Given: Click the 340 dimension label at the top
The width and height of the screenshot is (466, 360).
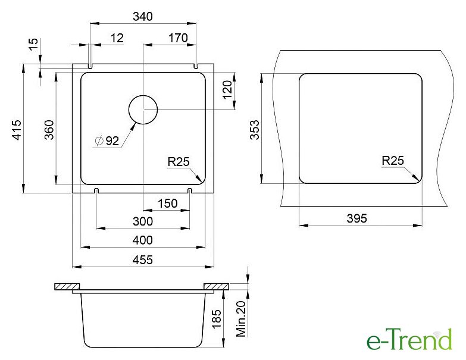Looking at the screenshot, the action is [x=143, y=16].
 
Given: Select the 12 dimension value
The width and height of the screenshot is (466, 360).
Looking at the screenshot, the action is [x=117, y=38].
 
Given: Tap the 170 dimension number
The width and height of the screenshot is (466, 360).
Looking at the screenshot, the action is [x=178, y=38].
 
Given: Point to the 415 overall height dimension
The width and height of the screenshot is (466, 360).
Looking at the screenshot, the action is [x=17, y=130].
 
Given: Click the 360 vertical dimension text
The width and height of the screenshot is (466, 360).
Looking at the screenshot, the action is [x=49, y=130].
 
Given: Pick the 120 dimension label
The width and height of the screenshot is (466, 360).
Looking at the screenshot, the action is [x=227, y=90].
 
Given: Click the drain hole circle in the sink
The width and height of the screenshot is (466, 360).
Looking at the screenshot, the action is [x=143, y=95].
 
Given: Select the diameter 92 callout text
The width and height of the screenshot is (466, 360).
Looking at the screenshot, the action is [x=107, y=141].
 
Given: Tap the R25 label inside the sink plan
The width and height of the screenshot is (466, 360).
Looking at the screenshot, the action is [x=179, y=162].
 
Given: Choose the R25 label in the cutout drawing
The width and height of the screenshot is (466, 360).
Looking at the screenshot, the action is [x=393, y=161].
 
